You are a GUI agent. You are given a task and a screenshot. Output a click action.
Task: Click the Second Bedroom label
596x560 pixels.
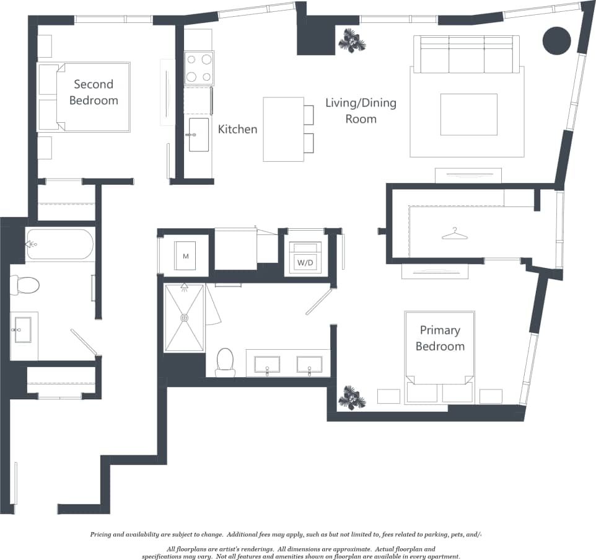point(94,92)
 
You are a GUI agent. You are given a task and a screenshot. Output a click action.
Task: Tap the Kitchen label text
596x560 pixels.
point(237,129)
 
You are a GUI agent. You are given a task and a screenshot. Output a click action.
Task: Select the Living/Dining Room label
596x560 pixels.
point(361,110)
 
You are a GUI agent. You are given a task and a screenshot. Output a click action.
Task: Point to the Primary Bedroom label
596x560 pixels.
point(440,338)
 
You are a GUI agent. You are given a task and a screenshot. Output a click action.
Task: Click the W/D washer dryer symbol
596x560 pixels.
point(305,260)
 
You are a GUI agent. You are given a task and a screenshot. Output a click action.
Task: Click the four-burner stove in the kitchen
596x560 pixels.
point(199,68)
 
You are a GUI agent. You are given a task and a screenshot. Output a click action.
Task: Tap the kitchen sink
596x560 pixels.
point(199,135)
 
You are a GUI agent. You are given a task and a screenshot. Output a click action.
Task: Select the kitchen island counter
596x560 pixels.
point(283,129)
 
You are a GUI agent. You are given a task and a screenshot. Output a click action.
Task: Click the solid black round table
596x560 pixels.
point(556,40)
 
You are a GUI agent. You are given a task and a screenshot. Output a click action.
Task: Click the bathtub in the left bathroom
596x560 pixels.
point(59,244)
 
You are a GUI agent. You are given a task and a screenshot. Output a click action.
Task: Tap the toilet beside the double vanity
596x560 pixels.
point(225,361)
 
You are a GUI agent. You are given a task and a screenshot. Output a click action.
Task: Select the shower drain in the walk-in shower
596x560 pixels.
point(184,318)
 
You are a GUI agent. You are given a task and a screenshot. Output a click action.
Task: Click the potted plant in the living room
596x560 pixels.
point(352,40)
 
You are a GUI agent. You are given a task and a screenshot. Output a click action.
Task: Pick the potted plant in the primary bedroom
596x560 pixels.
point(352,397)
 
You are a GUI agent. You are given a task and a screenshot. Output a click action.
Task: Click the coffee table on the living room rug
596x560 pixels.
point(468,114)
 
